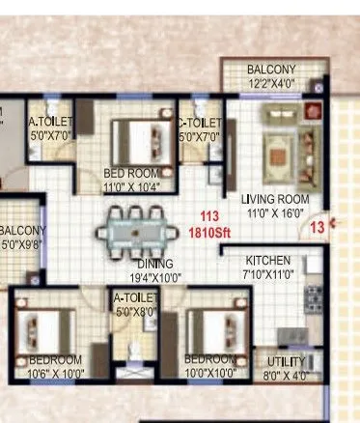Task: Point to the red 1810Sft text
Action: (208, 233)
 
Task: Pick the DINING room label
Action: (154, 264)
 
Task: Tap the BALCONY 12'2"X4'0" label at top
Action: (270, 70)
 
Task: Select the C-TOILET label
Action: (200, 124)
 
